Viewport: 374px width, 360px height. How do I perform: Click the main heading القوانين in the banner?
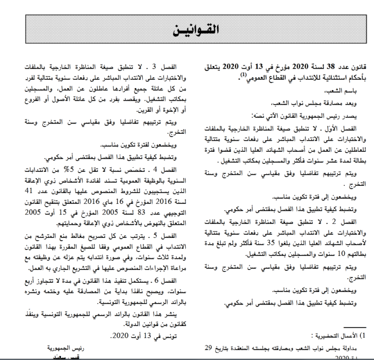[194, 30]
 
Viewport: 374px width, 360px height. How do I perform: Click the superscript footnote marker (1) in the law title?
[239, 73]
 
